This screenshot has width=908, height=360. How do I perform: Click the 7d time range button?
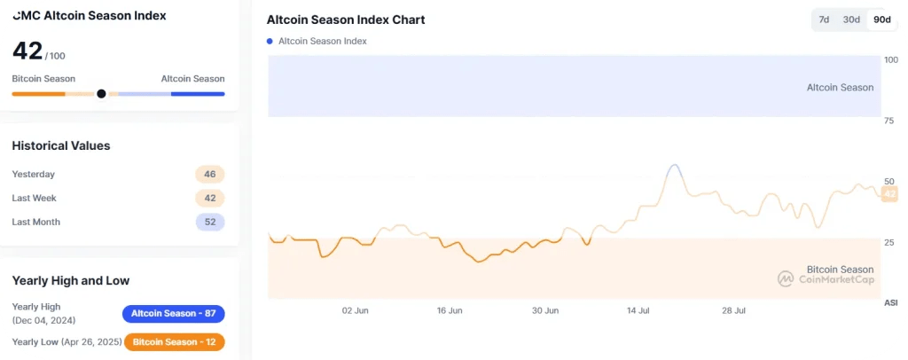tap(824, 20)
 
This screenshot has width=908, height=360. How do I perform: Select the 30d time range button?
tap(851, 20)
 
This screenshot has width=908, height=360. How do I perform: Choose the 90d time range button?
tap(881, 20)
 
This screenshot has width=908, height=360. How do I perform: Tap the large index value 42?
tap(27, 51)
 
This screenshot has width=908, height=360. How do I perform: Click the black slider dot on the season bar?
tap(101, 93)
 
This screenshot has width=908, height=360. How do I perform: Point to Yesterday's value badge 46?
tap(210, 175)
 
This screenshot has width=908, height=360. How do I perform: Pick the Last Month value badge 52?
tap(210, 222)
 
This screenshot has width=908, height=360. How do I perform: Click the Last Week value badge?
tap(210, 198)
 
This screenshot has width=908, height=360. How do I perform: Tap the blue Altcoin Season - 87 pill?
tap(174, 314)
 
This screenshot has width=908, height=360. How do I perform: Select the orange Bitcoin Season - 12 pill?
tap(174, 341)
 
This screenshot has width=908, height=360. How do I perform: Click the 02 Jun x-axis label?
tap(355, 310)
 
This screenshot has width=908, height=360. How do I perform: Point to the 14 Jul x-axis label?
tap(639, 310)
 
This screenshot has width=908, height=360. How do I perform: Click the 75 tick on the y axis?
tap(889, 121)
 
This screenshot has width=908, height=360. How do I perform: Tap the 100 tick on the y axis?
tap(890, 60)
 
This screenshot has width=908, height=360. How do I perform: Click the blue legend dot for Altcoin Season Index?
tap(270, 41)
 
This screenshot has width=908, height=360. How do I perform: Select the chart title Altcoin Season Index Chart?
tap(346, 20)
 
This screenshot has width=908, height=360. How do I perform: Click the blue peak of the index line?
tap(674, 166)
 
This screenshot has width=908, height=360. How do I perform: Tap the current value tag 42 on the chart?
tap(889, 194)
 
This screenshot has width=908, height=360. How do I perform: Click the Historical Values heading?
tap(61, 145)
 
